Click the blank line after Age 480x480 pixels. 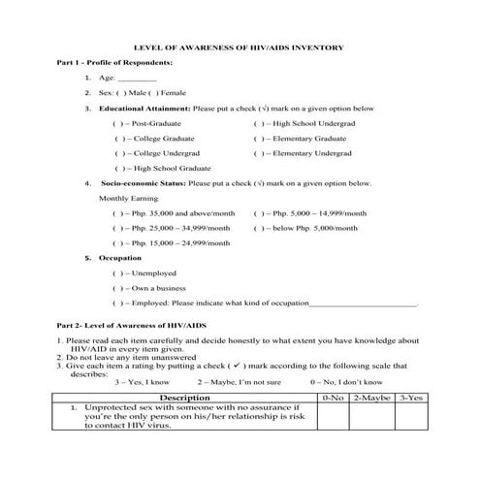137,78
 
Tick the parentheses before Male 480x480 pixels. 122,93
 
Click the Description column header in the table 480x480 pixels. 184,398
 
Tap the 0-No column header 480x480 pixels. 333,398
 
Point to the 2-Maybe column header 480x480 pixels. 372,398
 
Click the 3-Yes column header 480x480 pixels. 412,398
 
